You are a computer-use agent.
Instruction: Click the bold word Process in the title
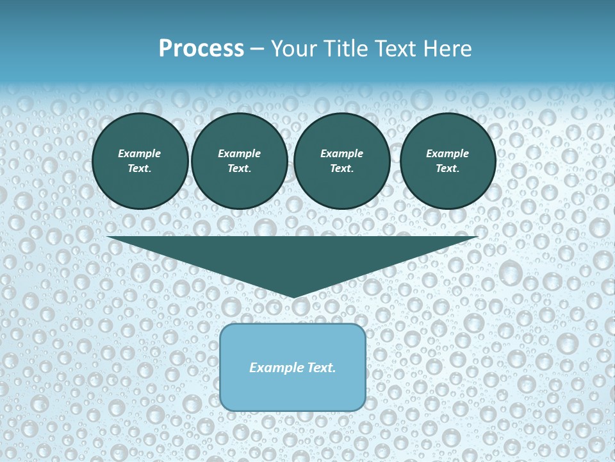[x=201, y=49]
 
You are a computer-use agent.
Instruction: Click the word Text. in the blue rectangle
[x=322, y=368]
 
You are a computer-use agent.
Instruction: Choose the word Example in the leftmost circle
[x=140, y=153]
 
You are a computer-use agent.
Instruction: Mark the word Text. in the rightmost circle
[x=447, y=169]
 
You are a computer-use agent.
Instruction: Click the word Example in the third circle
[x=341, y=153]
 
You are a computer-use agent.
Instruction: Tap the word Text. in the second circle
[x=239, y=169]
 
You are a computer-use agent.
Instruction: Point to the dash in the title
[x=257, y=49]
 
